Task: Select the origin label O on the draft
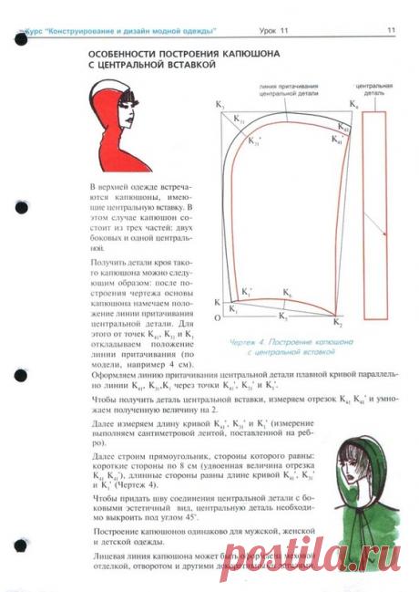[217, 318]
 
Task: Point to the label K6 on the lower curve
[286, 293]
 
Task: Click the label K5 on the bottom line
[282, 317]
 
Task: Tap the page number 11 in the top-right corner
[390, 31]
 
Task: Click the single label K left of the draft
[217, 302]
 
